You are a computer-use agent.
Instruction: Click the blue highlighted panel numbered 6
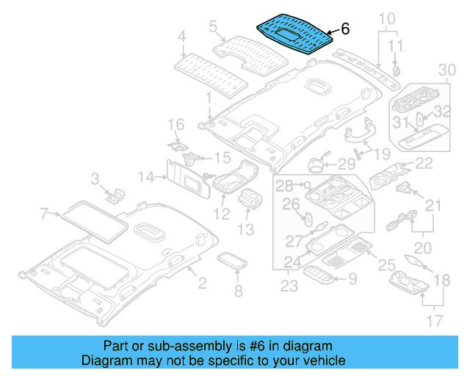point(294,34)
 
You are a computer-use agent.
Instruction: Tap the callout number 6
point(345,29)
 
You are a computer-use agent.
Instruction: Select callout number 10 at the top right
point(387,18)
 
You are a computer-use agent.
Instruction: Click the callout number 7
point(45,214)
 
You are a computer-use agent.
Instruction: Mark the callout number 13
point(245,230)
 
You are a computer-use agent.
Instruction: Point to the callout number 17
point(435,321)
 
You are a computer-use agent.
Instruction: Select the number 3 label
point(95,178)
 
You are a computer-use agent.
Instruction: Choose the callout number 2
point(202,281)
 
